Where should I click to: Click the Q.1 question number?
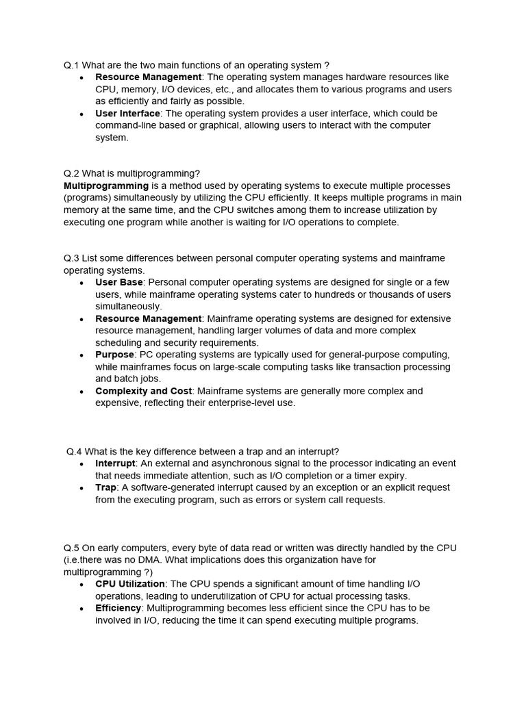tap(72, 65)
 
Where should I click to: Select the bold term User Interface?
tap(127, 114)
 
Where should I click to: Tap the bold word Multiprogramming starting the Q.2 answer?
tap(106, 186)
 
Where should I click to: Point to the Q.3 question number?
tap(72, 259)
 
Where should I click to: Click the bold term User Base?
tap(119, 283)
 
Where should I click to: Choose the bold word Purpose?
tap(115, 355)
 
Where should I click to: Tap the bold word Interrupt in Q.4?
tap(114, 463)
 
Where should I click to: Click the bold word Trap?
tap(106, 488)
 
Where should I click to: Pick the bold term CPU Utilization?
tap(130, 584)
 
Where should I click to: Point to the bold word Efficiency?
tap(118, 608)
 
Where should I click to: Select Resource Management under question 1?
tap(149, 77)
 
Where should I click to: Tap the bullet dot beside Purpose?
tap(82, 355)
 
